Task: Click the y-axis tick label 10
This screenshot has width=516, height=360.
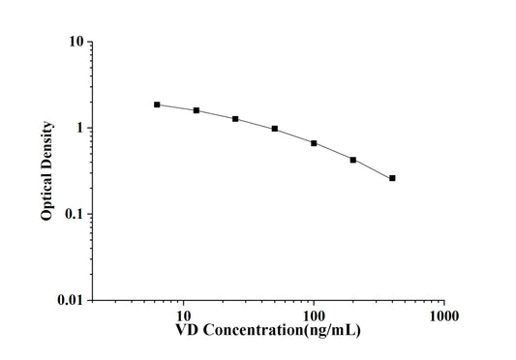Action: [74, 43]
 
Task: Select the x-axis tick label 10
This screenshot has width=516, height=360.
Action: [181, 316]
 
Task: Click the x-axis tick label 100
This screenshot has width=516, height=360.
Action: [313, 316]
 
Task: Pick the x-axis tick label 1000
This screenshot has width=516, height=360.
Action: [444, 316]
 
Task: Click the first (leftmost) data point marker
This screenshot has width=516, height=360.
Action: [157, 105]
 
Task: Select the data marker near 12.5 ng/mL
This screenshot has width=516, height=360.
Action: [197, 110]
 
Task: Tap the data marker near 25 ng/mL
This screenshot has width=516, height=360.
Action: [235, 119]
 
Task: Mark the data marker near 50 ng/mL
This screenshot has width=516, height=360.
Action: [275, 129]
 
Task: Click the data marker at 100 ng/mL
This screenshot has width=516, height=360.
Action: [314, 143]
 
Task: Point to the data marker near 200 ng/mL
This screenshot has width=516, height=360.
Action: [353, 160]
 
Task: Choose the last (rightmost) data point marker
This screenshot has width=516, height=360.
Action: [392, 178]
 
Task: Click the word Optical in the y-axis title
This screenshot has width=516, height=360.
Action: [46, 197]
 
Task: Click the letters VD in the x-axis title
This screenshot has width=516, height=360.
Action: [187, 332]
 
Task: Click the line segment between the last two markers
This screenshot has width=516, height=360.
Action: [373, 169]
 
